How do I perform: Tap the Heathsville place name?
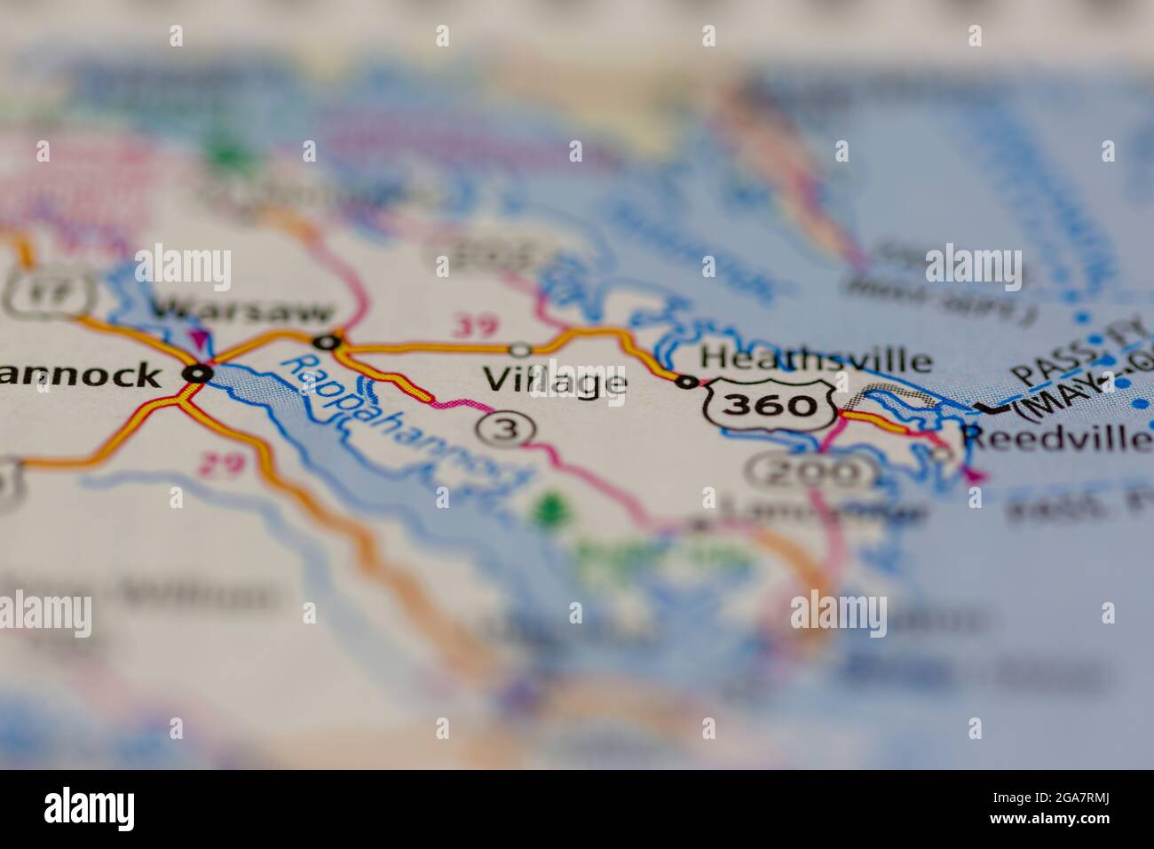pyautogui.click(x=816, y=360)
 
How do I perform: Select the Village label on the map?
pyautogui.click(x=556, y=382)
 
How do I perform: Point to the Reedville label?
pyautogui.click(x=1056, y=438)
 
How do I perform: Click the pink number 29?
pyautogui.click(x=221, y=464)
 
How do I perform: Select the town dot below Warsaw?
pyautogui.click(x=327, y=341)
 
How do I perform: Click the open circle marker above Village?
pyautogui.click(x=521, y=349)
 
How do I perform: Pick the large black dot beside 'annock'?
pyautogui.click(x=197, y=374)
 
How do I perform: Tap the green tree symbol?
pyautogui.click(x=550, y=508)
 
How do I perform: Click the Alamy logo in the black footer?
pyautogui.click(x=90, y=808)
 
